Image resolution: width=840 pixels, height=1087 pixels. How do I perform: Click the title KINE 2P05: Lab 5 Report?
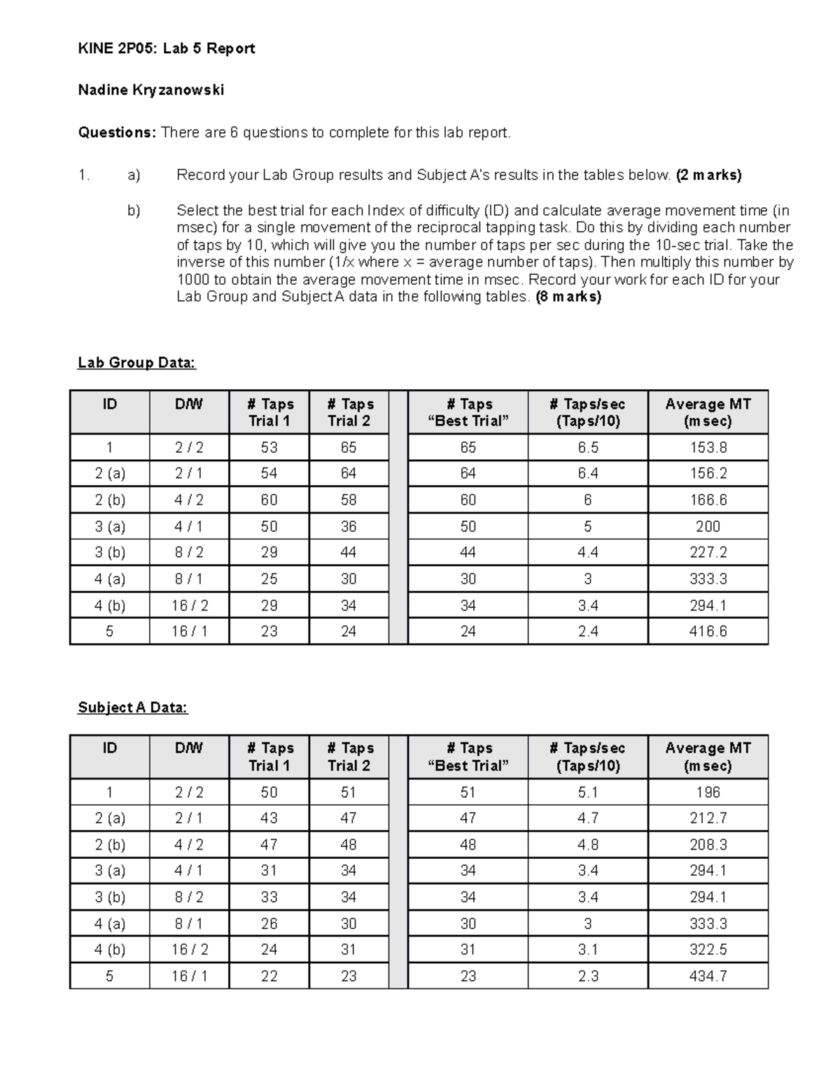(x=166, y=48)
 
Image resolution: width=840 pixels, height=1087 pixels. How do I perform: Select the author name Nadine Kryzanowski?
(x=150, y=90)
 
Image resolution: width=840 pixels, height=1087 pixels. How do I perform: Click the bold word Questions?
(x=117, y=132)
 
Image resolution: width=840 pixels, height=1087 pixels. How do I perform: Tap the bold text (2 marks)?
(x=708, y=175)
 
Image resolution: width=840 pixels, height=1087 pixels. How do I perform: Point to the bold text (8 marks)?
(x=568, y=296)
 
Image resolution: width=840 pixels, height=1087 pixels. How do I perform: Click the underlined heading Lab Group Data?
(x=136, y=363)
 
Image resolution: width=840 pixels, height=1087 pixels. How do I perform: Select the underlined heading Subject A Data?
(x=133, y=708)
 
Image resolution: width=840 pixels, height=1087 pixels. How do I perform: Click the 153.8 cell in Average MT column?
(x=708, y=447)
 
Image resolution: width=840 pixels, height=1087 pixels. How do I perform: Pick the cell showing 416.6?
(x=708, y=631)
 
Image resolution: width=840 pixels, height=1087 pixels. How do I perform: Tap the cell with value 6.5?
(x=587, y=447)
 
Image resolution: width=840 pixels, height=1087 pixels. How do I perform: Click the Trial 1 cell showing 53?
(x=269, y=447)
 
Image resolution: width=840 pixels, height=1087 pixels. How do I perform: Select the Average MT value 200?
(x=708, y=526)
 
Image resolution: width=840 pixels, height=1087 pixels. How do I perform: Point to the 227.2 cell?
(x=708, y=552)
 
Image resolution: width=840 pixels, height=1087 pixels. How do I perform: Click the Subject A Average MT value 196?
(x=708, y=792)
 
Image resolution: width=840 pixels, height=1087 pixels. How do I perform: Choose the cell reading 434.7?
(x=708, y=976)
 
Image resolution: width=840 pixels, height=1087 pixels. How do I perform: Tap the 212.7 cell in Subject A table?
(x=708, y=818)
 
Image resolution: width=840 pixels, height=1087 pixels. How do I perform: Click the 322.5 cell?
(x=708, y=950)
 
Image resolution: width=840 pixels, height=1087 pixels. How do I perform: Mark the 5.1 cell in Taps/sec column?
(x=587, y=792)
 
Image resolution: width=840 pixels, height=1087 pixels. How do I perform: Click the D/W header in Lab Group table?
(x=189, y=405)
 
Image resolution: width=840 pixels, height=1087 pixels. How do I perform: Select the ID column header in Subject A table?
(x=110, y=748)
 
